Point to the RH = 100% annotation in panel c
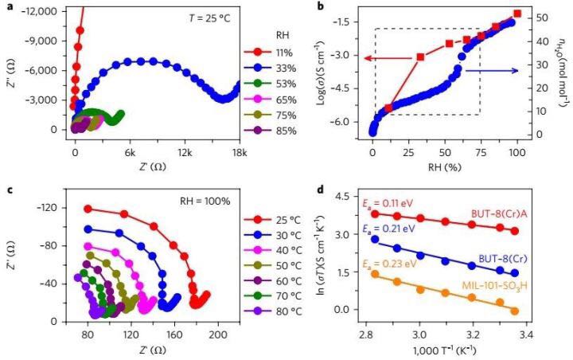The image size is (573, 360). (x=204, y=201)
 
